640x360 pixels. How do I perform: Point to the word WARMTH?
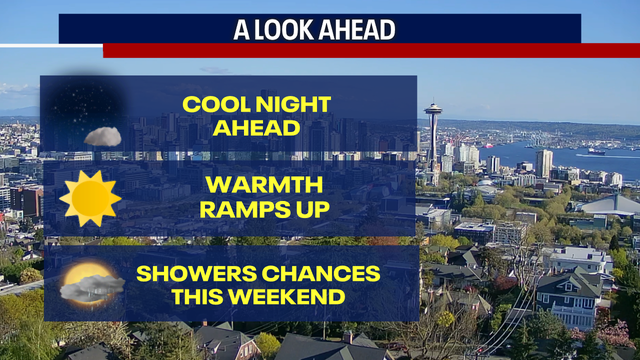click(x=250, y=184)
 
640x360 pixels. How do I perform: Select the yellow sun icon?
click(x=90, y=198)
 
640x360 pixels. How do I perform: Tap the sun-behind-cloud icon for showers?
click(x=90, y=285)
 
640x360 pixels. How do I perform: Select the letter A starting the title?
click(x=241, y=30)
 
